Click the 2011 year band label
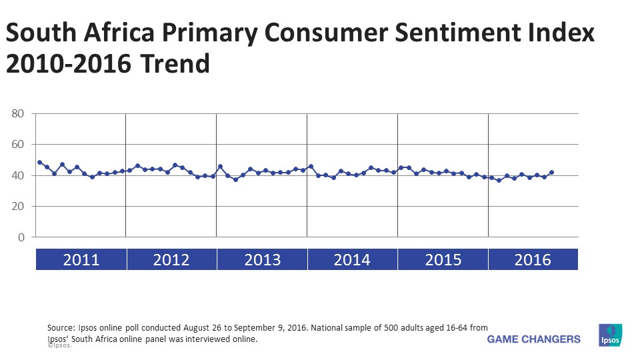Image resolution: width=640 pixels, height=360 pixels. tap(81, 259)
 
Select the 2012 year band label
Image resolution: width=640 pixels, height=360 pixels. tap(171, 259)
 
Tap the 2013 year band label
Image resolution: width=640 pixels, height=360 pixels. tap(262, 259)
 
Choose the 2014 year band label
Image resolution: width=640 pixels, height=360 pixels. tap(352, 259)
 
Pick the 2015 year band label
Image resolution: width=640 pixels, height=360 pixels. tap(443, 259)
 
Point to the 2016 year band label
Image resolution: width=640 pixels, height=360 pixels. tap(533, 259)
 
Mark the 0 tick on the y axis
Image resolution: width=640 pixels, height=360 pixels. tap(21, 237)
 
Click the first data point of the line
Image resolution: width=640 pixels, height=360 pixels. tap(39, 163)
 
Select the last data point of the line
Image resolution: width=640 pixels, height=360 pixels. tap(551, 173)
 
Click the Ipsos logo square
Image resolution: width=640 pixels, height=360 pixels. tap(611, 335)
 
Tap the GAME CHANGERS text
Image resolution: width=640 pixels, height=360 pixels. tap(534, 339)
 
